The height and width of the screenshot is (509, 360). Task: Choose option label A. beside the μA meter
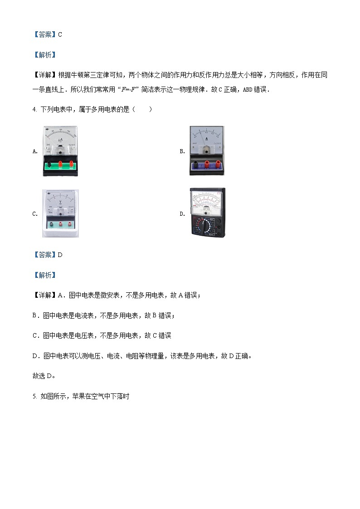tap(35, 151)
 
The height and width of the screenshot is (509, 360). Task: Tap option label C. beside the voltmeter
tap(35, 214)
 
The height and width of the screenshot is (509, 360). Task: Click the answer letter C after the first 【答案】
tap(60, 34)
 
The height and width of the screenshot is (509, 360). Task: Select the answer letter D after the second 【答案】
tap(60, 255)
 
